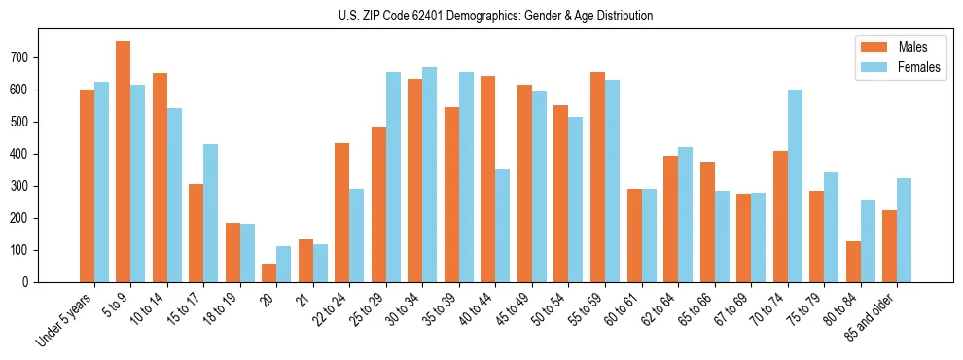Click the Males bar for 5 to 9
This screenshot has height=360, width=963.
coord(124,162)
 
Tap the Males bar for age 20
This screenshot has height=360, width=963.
coord(269,272)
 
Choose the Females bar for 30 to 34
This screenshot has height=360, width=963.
coord(430,175)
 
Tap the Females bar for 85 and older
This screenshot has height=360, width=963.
coord(905,230)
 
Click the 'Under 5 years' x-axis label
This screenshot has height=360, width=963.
coord(66,319)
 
